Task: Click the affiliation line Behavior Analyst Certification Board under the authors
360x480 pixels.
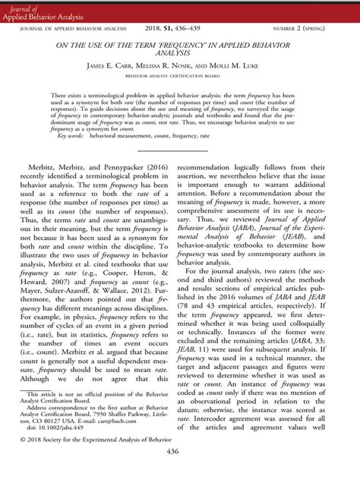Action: [179, 77]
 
